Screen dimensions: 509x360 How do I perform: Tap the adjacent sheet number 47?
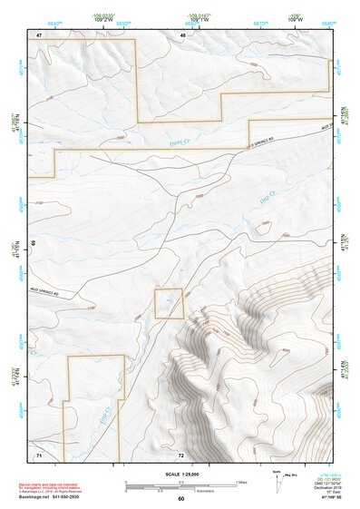(x=39, y=34)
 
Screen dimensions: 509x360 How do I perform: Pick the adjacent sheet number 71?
(x=39, y=453)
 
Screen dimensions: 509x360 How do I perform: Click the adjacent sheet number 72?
(x=181, y=454)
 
